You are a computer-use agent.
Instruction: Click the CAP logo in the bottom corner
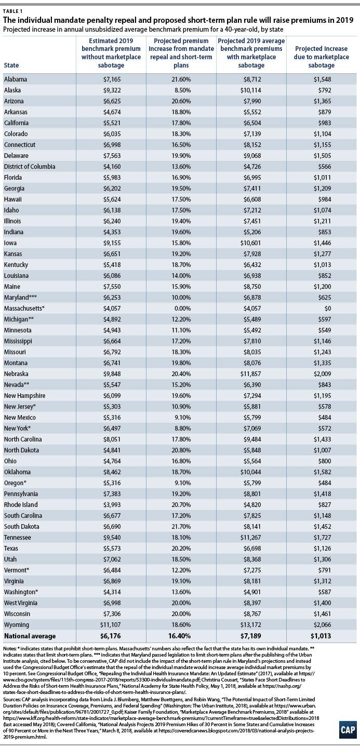click(x=348, y=730)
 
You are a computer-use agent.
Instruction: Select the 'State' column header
click(x=11, y=65)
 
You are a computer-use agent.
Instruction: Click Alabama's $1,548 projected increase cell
click(x=322, y=79)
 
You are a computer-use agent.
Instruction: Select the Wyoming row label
click(x=17, y=625)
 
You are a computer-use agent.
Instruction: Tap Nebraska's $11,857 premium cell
click(x=251, y=373)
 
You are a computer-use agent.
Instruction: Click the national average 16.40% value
click(x=181, y=636)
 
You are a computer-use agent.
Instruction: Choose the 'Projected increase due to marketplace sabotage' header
click(x=322, y=57)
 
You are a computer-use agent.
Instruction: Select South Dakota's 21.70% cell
click(x=181, y=526)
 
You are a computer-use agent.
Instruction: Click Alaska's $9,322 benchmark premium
click(x=112, y=90)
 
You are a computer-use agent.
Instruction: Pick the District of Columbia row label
click(x=30, y=166)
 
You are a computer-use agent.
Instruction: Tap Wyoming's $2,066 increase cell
click(x=322, y=624)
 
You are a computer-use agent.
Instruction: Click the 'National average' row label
click(x=30, y=636)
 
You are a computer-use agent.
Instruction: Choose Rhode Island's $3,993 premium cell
click(x=112, y=504)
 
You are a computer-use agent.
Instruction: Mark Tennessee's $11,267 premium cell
click(x=251, y=537)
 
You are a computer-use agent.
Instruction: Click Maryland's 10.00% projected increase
click(x=181, y=297)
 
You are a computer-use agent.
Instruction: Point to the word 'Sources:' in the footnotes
click(x=12, y=699)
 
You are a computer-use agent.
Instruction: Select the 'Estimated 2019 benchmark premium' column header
click(x=111, y=53)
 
